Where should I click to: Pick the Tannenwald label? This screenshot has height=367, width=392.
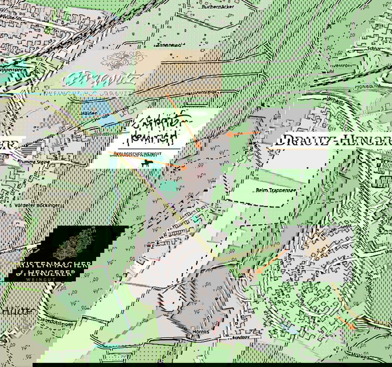coord(166,45)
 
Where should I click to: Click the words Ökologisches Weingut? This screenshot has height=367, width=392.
coord(145,153)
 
